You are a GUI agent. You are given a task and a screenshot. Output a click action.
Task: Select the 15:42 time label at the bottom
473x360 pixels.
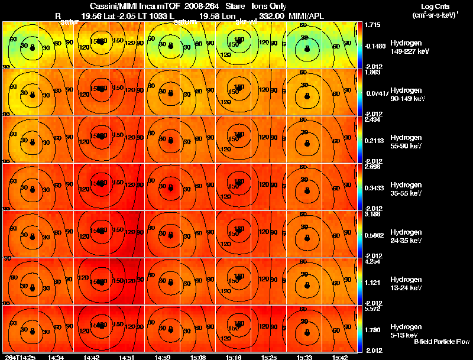[x=340, y=357]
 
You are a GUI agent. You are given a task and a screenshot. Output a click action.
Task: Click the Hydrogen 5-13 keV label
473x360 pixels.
[x=405, y=330]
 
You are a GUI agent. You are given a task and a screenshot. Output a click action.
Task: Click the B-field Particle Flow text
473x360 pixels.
[x=441, y=341]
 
